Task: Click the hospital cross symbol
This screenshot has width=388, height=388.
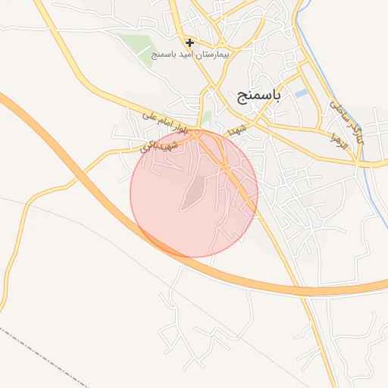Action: tap(189, 42)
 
